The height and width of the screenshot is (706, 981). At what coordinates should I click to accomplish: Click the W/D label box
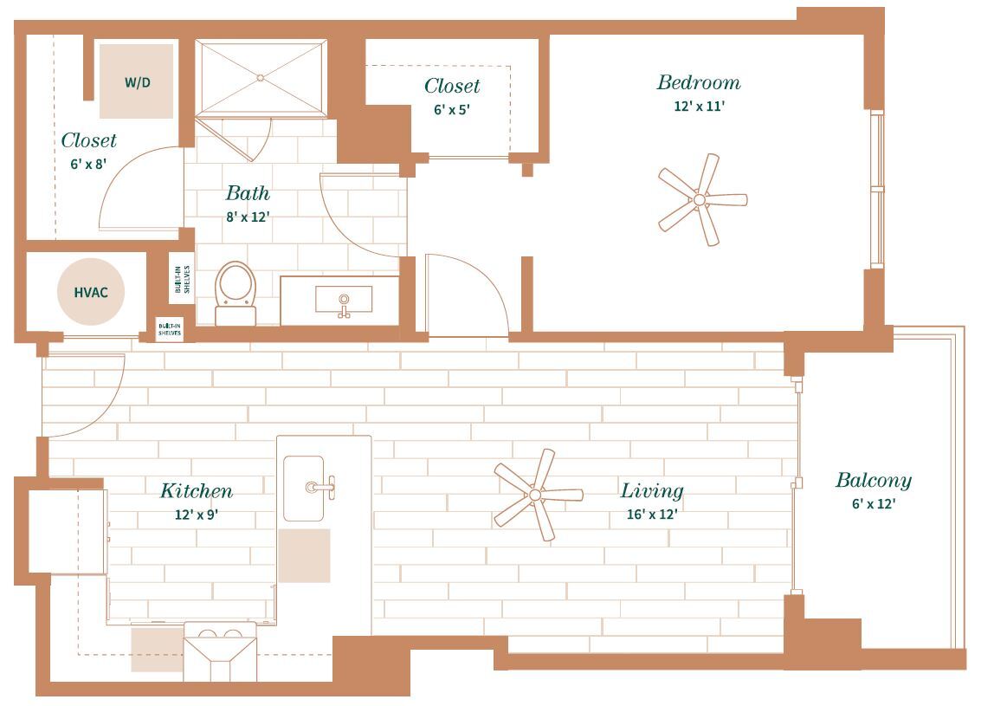(x=136, y=81)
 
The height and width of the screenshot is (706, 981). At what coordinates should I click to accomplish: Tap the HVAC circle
(x=91, y=292)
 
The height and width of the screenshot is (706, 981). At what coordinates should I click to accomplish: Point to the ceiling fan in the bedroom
(x=700, y=200)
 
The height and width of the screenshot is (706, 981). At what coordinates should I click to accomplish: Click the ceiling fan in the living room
(x=536, y=495)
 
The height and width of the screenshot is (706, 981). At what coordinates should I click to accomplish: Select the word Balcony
(x=873, y=481)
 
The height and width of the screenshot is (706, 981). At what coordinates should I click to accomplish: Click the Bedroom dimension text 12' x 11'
(x=698, y=107)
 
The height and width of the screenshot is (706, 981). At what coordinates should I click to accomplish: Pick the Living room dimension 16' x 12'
(x=651, y=515)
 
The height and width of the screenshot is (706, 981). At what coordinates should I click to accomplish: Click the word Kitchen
(x=197, y=491)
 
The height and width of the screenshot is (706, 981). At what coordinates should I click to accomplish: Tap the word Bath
(x=248, y=193)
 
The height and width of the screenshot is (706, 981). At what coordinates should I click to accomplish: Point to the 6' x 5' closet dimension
(x=452, y=110)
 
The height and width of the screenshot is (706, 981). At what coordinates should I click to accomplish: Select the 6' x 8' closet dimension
(x=88, y=164)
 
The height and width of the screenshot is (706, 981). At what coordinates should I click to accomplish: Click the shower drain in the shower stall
(x=260, y=77)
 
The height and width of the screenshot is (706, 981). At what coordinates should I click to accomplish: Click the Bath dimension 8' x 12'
(x=248, y=217)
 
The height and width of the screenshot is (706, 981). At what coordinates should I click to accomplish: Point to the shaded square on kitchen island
(x=304, y=555)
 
